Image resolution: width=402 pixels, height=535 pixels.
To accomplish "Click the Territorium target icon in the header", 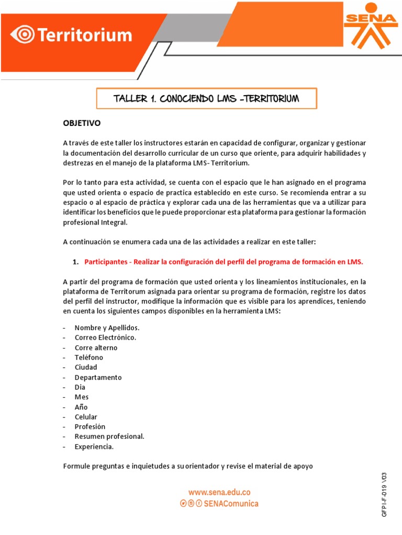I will pos(24,36).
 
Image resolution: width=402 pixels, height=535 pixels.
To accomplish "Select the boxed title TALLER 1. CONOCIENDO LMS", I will pos(206,98).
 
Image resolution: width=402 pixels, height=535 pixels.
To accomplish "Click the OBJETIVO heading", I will pos(82,123).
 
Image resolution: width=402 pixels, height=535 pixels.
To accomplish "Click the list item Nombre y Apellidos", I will pos(107,328).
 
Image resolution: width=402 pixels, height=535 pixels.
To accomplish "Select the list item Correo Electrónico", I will pos(105,338).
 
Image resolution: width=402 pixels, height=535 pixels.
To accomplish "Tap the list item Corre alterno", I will pos(96,347).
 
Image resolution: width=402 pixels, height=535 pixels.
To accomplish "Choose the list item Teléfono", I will pos(89,357).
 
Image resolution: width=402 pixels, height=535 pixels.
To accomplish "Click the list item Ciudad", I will pos(86,367).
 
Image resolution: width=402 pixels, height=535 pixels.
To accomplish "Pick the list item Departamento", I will pos(98,377).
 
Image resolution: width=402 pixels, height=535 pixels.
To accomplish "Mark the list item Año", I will pos(82,407).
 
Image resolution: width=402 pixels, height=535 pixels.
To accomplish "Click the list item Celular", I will pos(86,417).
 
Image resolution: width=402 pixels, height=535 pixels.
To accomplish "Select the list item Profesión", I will pos(90,427).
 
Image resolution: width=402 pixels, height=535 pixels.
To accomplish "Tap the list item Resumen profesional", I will pos(109,437).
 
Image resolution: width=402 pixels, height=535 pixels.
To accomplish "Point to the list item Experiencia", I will pos(94,447).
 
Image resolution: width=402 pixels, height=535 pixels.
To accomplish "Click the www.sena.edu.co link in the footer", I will pos(219,492).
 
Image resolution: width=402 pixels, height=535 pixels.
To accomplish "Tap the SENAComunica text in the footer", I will pos(234,504).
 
